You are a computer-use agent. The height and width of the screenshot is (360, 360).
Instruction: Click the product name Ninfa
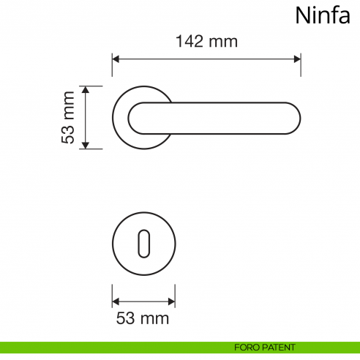323,15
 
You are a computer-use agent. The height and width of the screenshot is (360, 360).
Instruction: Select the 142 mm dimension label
206,42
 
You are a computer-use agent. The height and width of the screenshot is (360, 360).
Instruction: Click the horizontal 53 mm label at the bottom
143,318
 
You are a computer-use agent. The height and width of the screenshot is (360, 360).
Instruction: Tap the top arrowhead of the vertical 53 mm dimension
86,90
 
